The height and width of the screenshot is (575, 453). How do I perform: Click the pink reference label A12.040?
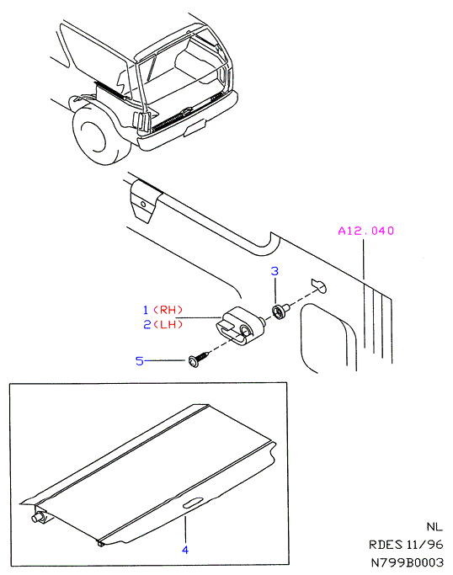point(365,231)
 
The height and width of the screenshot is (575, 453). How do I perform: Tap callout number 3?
point(274,271)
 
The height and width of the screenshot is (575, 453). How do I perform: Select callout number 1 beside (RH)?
point(146,310)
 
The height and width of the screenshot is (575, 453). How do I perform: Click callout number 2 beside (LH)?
point(147,324)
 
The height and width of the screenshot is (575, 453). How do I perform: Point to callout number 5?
point(140,361)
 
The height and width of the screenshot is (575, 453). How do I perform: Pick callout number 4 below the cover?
point(185,550)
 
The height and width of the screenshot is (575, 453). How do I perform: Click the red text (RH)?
point(168,310)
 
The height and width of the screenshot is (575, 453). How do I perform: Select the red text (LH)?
point(168,324)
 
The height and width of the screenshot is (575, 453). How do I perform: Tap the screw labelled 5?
point(199,359)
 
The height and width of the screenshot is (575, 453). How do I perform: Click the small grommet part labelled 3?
point(280,311)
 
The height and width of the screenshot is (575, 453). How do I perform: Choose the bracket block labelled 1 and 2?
point(240,326)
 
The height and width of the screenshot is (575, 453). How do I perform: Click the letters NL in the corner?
point(434,527)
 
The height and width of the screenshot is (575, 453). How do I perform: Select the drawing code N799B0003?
point(408,562)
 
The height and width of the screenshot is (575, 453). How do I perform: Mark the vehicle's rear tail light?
point(142,122)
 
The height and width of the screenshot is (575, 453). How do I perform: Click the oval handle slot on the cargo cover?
point(193,503)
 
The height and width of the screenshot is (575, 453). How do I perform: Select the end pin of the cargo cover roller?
point(37,518)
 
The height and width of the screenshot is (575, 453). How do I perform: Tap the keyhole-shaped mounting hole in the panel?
point(319,285)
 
